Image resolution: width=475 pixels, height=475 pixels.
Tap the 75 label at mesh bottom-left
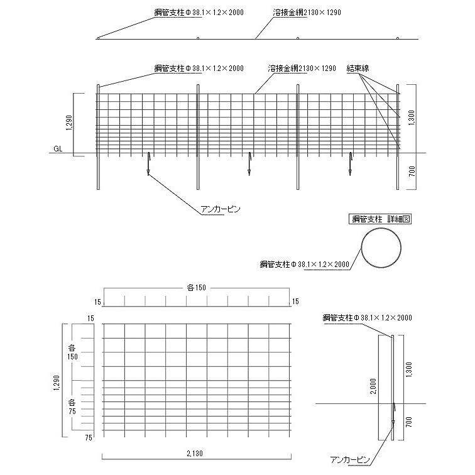pos(89,437)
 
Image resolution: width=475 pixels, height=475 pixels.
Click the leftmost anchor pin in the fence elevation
pos(148,163)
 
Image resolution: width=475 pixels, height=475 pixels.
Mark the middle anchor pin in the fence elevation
pos(249,163)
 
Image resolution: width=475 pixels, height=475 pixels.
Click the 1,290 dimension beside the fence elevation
pos(69,124)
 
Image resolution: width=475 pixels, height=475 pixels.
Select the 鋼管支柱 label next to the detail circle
pos(305,265)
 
